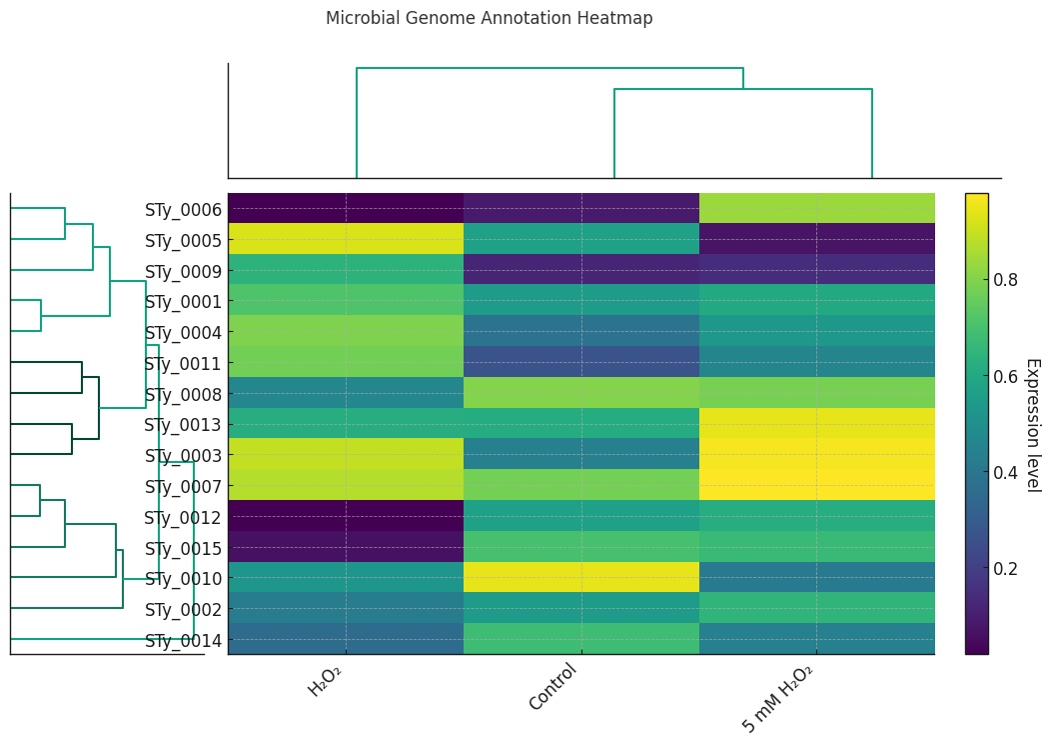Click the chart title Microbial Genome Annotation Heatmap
(x=489, y=18)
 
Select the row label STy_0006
(x=183, y=209)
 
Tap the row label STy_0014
(x=183, y=640)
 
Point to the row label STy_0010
(x=183, y=578)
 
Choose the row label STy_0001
(x=183, y=301)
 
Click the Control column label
(x=552, y=687)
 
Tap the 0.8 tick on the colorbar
(x=1005, y=280)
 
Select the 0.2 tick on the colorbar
(x=1005, y=569)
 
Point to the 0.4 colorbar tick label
(x=1005, y=473)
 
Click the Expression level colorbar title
(x=1033, y=424)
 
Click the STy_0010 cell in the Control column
(x=581, y=577)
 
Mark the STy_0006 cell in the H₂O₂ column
(x=346, y=208)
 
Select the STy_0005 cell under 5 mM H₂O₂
(x=817, y=239)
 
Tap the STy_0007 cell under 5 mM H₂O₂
(x=817, y=485)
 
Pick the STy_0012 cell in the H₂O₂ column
(x=346, y=516)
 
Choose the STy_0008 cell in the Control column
(x=581, y=393)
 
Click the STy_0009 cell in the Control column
(x=581, y=270)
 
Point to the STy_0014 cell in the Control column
(x=581, y=639)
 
